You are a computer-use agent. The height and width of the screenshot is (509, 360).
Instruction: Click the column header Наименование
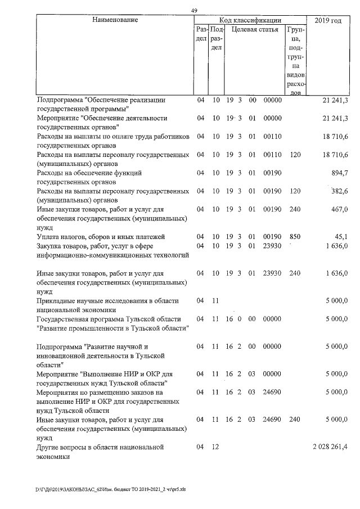(x=115, y=20)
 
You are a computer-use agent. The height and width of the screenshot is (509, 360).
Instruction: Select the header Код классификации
(x=250, y=20)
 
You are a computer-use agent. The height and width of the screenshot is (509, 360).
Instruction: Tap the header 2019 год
(x=328, y=20)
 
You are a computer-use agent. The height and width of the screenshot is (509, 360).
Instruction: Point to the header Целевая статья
(x=255, y=29)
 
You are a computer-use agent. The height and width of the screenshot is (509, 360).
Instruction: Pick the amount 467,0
(x=339, y=209)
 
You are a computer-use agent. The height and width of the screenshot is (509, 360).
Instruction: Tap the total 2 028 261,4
(x=330, y=447)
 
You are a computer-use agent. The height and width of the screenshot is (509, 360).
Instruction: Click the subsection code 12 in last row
(x=216, y=447)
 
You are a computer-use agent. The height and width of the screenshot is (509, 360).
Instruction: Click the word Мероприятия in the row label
(x=58, y=392)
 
